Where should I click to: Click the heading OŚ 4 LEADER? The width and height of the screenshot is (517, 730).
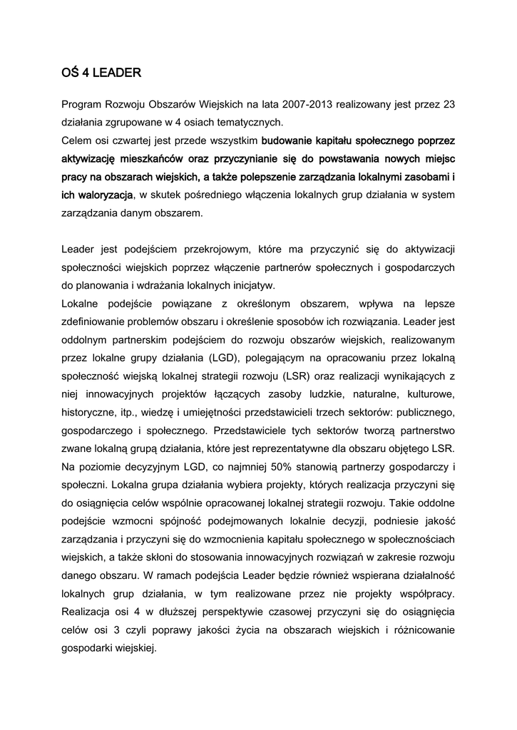coord(101,72)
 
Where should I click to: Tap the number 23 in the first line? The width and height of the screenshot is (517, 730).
coord(449,104)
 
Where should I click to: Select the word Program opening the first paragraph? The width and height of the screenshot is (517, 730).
coord(82,104)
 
